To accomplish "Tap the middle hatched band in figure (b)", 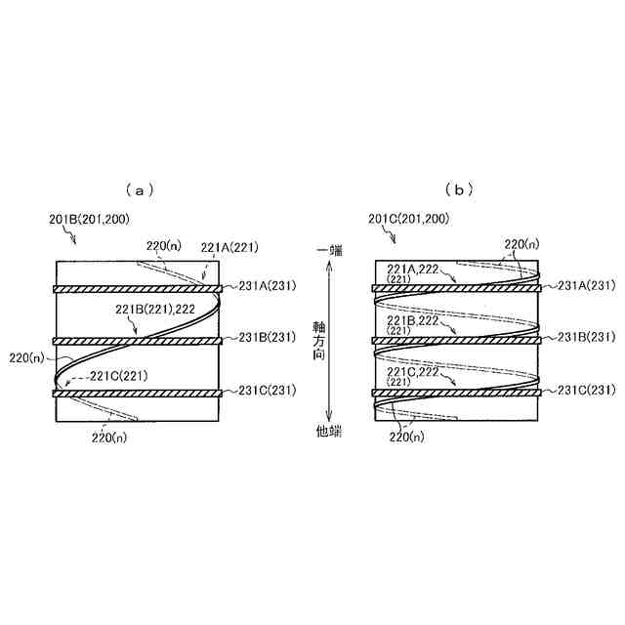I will coord(456,340).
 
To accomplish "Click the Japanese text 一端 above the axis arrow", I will coord(329,251).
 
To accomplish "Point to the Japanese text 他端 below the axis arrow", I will coord(329,430).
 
